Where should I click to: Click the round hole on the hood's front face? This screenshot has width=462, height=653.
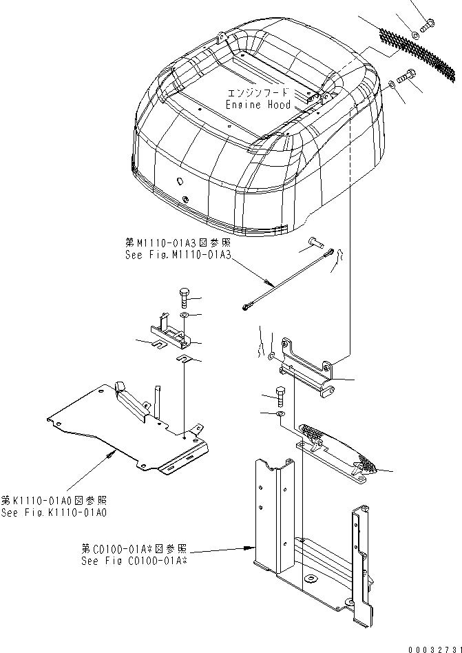tap(180, 181)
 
